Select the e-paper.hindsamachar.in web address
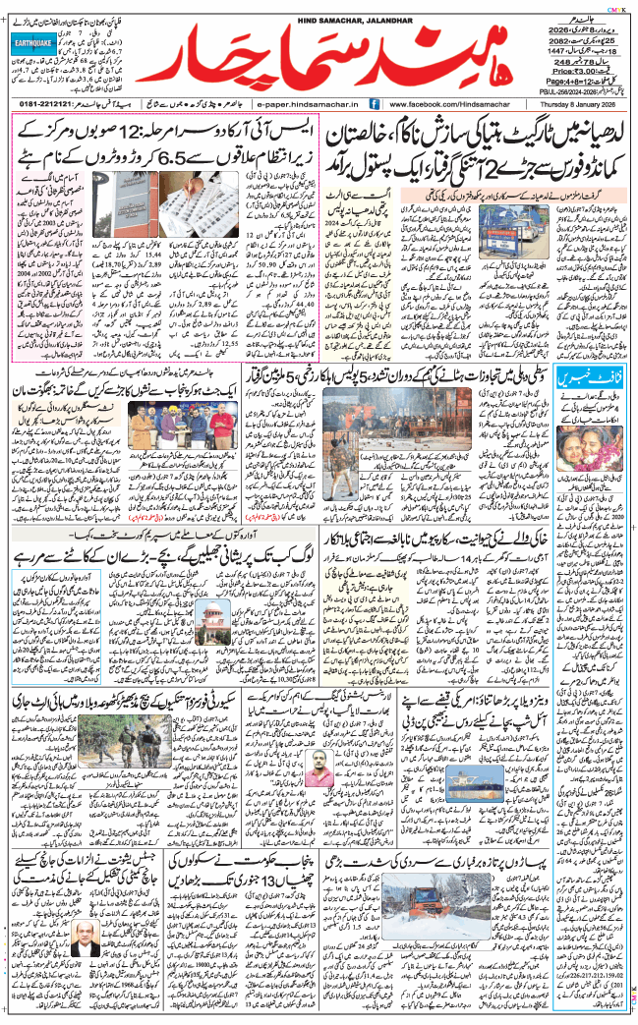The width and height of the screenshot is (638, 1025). [x=309, y=102]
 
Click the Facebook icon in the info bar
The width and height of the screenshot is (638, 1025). [x=376, y=102]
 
